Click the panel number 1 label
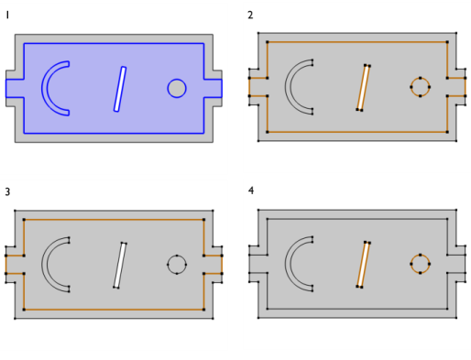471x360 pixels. pyautogui.click(x=7, y=16)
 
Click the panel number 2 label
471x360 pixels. pyautogui.click(x=250, y=16)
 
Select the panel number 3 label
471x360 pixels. pyautogui.click(x=7, y=191)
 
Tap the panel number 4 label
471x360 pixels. pyautogui.click(x=251, y=191)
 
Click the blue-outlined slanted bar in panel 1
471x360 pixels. pyautogui.click(x=120, y=89)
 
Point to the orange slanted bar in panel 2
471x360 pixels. pyautogui.click(x=363, y=88)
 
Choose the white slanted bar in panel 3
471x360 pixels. pyautogui.click(x=120, y=266)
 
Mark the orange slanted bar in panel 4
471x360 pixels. pyautogui.click(x=363, y=265)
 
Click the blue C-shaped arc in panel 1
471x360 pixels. pyautogui.click(x=44, y=89)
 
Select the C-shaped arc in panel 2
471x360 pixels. pyautogui.click(x=288, y=87)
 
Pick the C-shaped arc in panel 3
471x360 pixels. pyautogui.click(x=45, y=265)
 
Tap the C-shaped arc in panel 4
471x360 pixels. pyautogui.click(x=288, y=264)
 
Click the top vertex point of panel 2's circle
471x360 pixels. pyautogui.click(x=421, y=78)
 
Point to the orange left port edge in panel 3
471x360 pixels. pyautogui.click(x=5, y=265)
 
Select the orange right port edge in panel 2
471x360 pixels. pyautogui.click(x=466, y=87)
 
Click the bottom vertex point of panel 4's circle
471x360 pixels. pyautogui.click(x=421, y=273)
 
